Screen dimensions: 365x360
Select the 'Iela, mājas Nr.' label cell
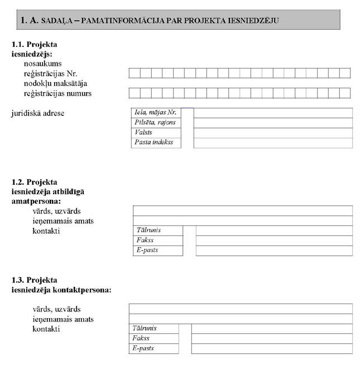pyautogui.click(x=155, y=113)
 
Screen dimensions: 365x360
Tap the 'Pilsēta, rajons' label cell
pyautogui.click(x=155, y=123)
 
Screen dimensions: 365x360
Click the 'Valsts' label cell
pyautogui.click(x=155, y=133)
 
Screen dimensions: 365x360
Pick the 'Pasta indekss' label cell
pyautogui.click(x=155, y=143)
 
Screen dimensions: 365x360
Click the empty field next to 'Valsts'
pyautogui.click(x=273, y=133)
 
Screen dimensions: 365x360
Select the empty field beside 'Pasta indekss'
pyautogui.click(x=273, y=143)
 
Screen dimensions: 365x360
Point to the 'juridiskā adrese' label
pyautogui.click(x=38, y=113)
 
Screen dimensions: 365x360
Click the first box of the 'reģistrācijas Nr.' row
pyautogui.click(x=135, y=73)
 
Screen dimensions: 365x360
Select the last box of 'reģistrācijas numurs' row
pyautogui.click(x=345, y=93)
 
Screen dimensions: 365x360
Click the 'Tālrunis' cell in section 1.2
pyautogui.click(x=158, y=230)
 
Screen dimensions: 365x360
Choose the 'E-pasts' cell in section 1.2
pyautogui.click(x=158, y=251)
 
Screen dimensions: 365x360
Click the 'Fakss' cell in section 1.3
pyautogui.click(x=153, y=338)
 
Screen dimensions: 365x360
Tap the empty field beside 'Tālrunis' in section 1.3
pyautogui.click(x=272, y=328)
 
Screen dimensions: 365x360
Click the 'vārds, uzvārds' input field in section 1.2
pyautogui.click(x=242, y=210)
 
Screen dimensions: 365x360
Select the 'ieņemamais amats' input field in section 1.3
pyautogui.click(x=241, y=319)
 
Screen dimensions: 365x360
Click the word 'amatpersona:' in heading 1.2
pyautogui.click(x=36, y=201)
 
